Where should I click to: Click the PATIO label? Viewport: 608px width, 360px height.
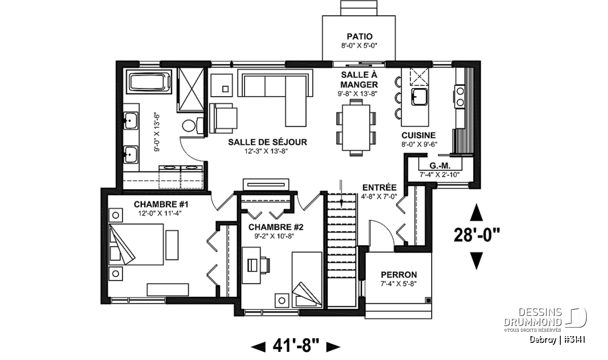359,36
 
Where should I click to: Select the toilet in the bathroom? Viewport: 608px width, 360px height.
193,126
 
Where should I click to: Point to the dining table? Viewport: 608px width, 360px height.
356,128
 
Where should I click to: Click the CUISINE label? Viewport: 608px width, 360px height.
419,135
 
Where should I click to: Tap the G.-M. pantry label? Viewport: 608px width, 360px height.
440,166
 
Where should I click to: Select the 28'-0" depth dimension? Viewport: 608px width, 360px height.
477,235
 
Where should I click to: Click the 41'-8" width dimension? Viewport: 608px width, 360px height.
296,346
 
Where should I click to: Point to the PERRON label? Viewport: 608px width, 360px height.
399,274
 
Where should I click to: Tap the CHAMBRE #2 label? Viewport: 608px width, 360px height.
276,227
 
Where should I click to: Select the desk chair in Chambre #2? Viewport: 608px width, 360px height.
265,265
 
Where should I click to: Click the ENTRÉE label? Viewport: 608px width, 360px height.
379,187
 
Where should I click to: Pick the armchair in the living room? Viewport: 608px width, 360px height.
223,118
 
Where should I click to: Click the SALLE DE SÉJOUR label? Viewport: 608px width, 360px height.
268,142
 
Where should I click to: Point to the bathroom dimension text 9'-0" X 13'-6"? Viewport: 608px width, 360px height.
157,133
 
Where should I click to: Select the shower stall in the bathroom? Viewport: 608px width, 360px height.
191,90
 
